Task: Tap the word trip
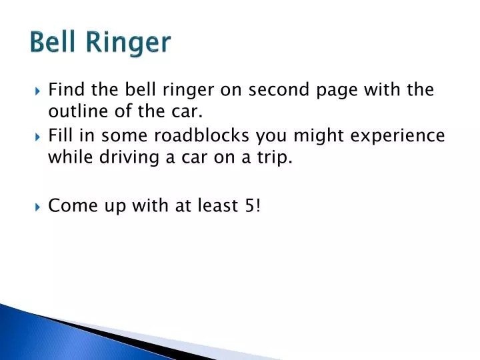275,158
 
